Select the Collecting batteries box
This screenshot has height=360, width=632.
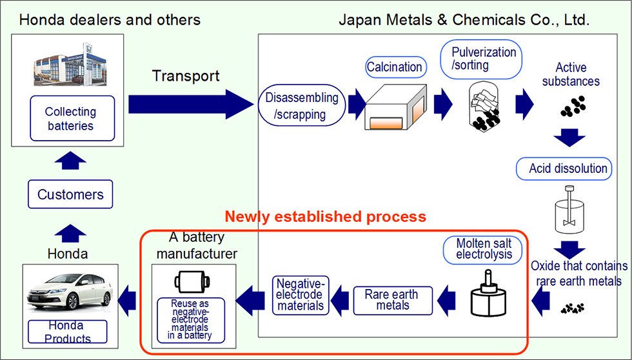[x=72, y=119]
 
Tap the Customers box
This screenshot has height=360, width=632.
[x=70, y=194]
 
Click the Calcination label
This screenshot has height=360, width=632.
[x=394, y=66]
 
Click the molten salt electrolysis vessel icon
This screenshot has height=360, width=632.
[x=487, y=297]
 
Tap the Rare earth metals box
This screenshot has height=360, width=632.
[x=392, y=300]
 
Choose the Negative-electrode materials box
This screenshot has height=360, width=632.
[x=301, y=295]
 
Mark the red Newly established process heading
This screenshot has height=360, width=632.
[x=325, y=215]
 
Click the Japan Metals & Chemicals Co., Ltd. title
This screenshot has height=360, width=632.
[x=464, y=20]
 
